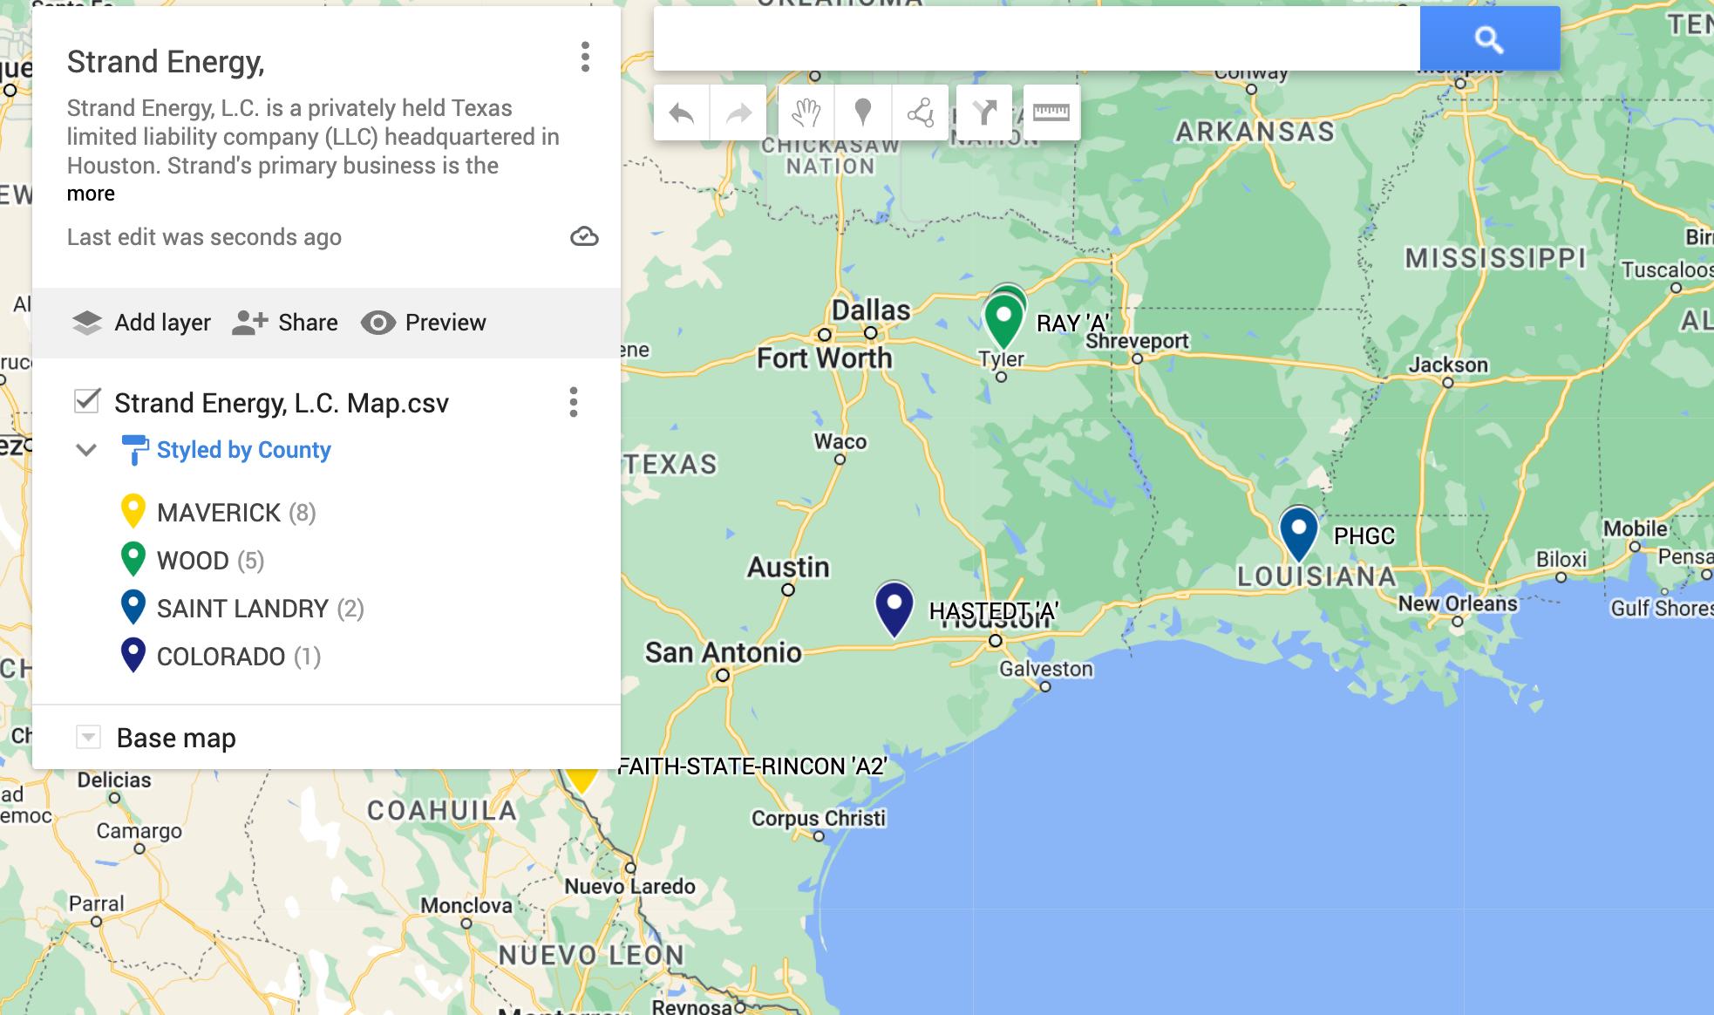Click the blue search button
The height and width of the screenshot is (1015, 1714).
point(1489,38)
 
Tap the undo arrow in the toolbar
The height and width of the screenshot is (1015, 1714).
point(682,112)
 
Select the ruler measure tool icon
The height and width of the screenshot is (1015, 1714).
point(1051,112)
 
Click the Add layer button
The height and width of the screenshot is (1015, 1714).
point(141,323)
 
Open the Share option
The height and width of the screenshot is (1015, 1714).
point(285,323)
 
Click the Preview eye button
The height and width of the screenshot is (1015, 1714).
point(424,323)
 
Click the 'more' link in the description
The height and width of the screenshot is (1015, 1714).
point(91,194)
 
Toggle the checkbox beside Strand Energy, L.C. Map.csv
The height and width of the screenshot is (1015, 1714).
point(87,401)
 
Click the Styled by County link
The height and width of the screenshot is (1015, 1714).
point(243,450)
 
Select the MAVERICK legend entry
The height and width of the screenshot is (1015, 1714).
point(218,513)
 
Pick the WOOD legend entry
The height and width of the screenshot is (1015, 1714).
point(192,561)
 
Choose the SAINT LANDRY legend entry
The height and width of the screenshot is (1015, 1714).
point(241,609)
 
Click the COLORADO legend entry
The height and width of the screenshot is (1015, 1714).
point(220,657)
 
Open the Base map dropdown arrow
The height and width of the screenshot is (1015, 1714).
point(88,738)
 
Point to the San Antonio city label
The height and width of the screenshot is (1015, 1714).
point(723,652)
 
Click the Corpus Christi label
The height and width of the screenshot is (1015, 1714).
point(818,818)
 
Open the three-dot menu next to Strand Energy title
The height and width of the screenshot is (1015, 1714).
point(585,58)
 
